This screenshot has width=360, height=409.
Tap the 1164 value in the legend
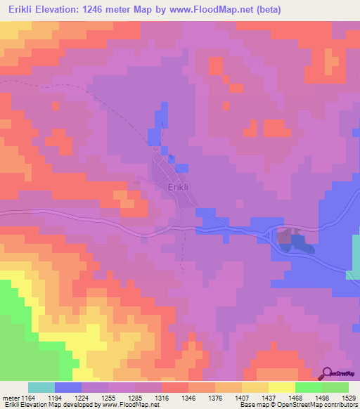[x=29, y=397]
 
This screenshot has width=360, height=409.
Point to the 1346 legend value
[x=188, y=397]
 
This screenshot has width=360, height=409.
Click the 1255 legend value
[x=108, y=397]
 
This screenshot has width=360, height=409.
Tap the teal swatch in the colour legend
[x=41, y=387]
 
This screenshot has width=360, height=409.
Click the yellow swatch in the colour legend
[x=282, y=387]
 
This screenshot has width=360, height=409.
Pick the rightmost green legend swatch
[x=335, y=387]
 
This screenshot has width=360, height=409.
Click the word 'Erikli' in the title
[x=20, y=9]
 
